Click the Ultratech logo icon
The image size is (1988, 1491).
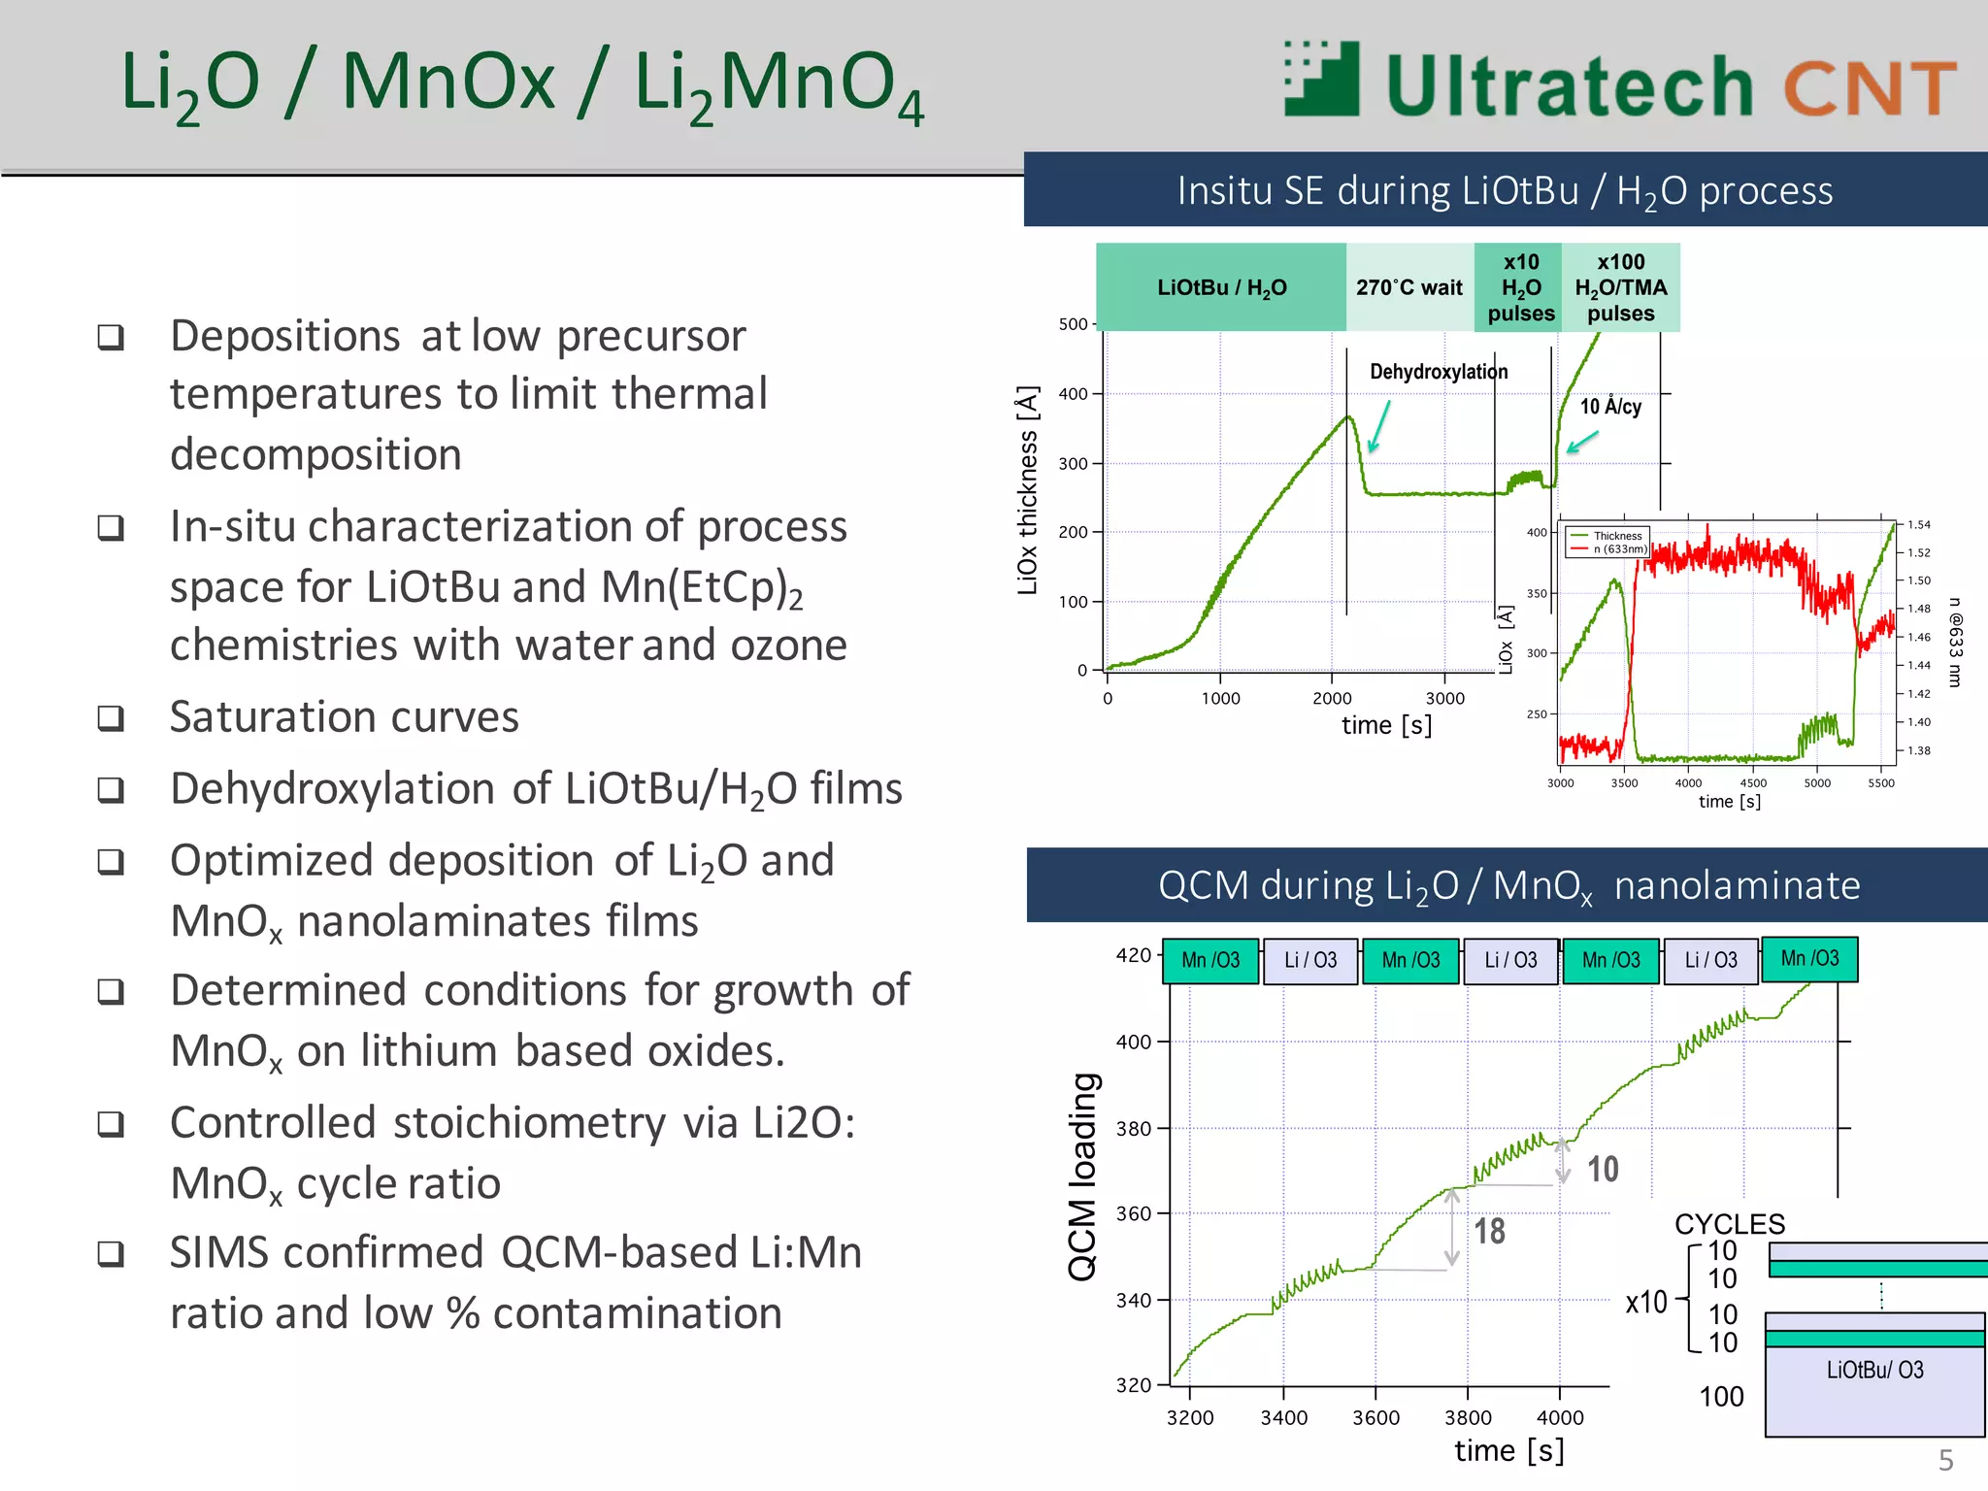click(1321, 80)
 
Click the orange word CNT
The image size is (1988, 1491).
click(1869, 88)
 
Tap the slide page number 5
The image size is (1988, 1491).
click(1945, 1460)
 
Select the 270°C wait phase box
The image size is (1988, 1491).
click(1408, 287)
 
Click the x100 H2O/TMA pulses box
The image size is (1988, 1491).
click(1620, 287)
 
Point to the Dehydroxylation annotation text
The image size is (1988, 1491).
click(1438, 372)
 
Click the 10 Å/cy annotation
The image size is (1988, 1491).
click(1610, 407)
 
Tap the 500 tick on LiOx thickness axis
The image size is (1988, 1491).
click(1073, 324)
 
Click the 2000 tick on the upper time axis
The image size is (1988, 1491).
click(1332, 698)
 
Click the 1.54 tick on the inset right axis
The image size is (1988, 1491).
click(1918, 525)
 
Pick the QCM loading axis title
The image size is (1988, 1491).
click(1082, 1176)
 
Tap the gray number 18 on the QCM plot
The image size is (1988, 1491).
click(1489, 1232)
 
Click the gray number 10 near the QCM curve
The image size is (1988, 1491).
click(1603, 1170)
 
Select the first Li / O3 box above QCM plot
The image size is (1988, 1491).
click(1310, 960)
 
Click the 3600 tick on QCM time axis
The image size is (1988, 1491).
click(1375, 1417)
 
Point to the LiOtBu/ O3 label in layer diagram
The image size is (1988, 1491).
click(1874, 1370)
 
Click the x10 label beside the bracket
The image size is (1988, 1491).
click(1646, 1302)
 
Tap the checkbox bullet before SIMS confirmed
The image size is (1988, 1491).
click(111, 1253)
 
